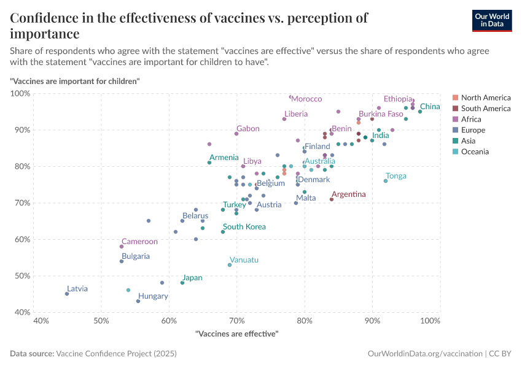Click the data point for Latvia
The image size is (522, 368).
click(67, 294)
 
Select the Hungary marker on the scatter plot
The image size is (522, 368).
click(138, 301)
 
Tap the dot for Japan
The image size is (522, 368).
click(182, 283)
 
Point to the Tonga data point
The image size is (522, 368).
click(386, 181)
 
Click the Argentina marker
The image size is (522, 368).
click(332, 199)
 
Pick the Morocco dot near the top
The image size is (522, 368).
click(291, 97)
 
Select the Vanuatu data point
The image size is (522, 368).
click(230, 265)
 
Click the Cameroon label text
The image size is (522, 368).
click(139, 242)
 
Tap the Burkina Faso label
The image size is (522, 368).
click(381, 114)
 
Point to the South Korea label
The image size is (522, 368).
click(244, 227)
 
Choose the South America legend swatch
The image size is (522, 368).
click(455, 109)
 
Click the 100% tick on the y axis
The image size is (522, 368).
click(21, 93)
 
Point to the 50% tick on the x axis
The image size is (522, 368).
click(102, 321)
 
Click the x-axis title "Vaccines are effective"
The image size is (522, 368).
click(236, 334)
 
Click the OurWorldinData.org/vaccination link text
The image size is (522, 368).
click(424, 354)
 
